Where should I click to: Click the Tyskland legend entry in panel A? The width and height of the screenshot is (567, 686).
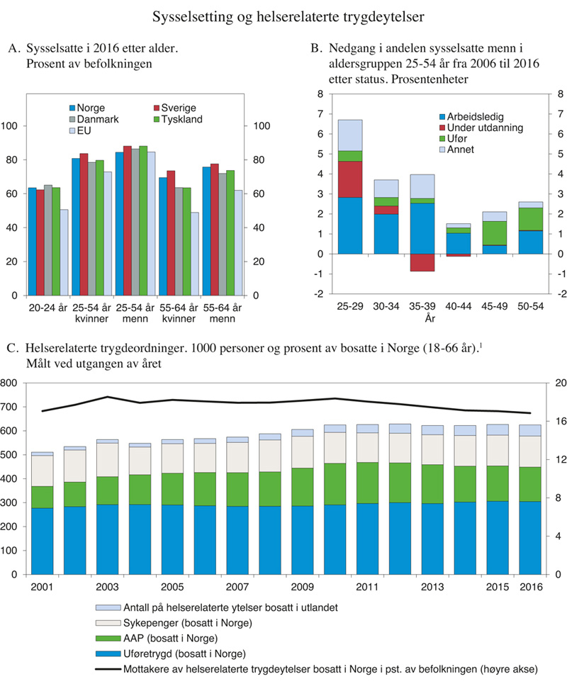point(181,119)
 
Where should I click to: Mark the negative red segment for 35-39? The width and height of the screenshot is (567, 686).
point(422,262)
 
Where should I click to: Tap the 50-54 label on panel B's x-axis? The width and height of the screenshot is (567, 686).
point(531,308)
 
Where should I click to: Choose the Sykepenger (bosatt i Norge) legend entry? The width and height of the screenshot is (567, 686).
point(178,624)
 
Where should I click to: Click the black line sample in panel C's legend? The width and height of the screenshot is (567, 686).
point(107,668)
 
